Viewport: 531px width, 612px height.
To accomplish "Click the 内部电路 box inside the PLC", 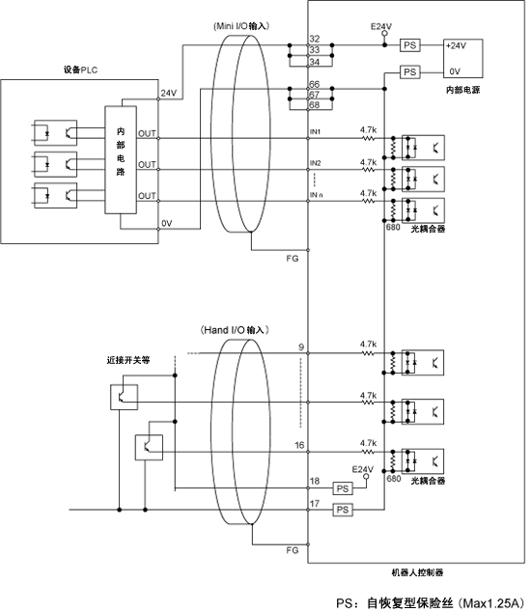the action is point(121,159).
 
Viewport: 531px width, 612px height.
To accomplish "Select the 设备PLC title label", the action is point(80,70).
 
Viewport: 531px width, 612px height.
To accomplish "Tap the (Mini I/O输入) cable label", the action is point(241,26).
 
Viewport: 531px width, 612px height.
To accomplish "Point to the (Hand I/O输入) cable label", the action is point(235,330).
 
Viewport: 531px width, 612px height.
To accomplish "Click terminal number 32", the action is point(315,39).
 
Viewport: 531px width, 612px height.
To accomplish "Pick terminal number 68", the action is point(315,104).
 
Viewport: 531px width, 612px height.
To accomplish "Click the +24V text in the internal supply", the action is point(456,45).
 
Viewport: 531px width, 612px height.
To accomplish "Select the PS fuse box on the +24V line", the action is point(410,45).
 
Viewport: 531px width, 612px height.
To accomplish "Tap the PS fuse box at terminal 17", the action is point(343,510).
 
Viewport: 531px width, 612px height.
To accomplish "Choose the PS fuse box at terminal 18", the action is point(343,488).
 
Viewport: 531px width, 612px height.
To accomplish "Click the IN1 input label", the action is point(315,132).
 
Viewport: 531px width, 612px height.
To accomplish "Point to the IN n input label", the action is point(317,195).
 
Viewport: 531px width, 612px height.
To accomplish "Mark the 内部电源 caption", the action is point(462,90).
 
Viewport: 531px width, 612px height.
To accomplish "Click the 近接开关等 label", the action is point(128,360).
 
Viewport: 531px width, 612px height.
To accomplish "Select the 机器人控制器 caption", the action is point(417,572).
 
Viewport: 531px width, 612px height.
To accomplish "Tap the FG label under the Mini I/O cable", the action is point(292,259).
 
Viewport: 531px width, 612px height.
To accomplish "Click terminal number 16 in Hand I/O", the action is point(299,445).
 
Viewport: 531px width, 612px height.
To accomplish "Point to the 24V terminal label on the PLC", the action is point(169,94).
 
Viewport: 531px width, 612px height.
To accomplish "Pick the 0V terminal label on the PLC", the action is point(167,223).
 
